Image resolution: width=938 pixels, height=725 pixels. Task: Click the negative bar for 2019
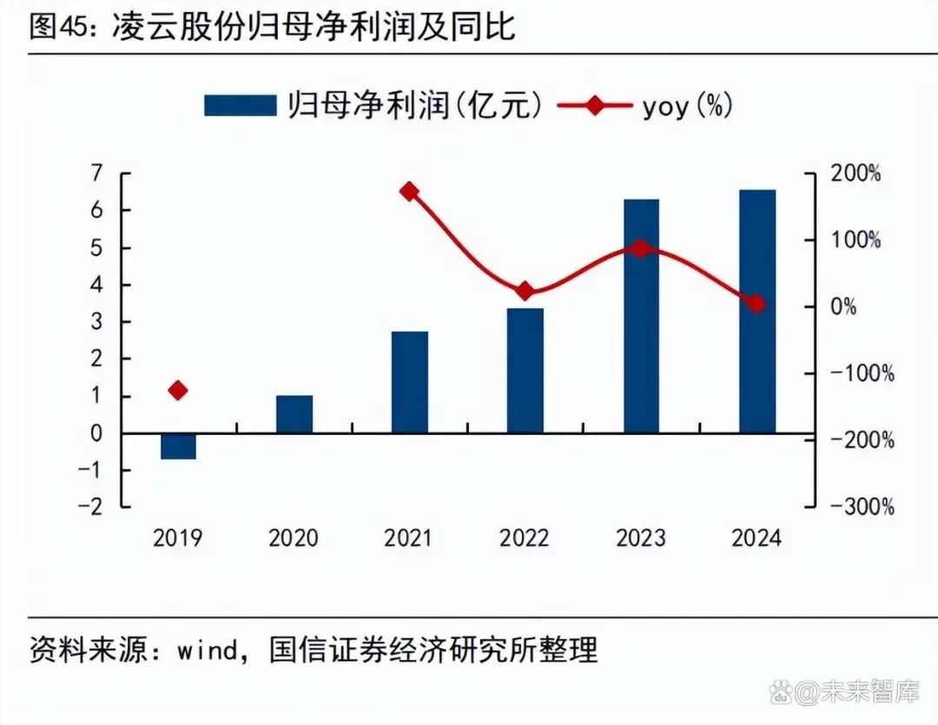tap(178, 446)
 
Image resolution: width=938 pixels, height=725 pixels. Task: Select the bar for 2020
tap(294, 414)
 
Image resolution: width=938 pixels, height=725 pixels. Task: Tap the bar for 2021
tap(409, 382)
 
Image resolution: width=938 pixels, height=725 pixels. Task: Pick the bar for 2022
tap(525, 371)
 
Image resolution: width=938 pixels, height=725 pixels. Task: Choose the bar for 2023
tap(641, 316)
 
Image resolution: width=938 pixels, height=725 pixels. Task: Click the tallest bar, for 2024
tap(756, 311)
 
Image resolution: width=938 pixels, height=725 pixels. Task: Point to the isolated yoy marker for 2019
tap(178, 391)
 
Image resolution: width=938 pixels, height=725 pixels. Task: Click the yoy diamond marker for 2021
tap(409, 192)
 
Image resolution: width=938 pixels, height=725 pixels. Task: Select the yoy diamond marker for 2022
tap(525, 291)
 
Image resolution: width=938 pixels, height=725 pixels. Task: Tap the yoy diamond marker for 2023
tap(641, 248)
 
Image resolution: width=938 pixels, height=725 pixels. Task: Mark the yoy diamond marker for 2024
tap(756, 304)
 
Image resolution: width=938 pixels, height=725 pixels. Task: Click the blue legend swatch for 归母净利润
tap(239, 106)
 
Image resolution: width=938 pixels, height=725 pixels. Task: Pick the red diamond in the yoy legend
tap(594, 106)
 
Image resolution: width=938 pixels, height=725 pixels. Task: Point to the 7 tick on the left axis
tap(96, 174)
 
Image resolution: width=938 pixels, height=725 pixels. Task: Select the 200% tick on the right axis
tap(856, 174)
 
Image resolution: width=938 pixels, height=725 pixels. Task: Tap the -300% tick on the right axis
tap(862, 507)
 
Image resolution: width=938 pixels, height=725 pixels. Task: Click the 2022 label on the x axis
tap(525, 538)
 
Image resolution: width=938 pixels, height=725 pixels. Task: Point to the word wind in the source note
tap(208, 649)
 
